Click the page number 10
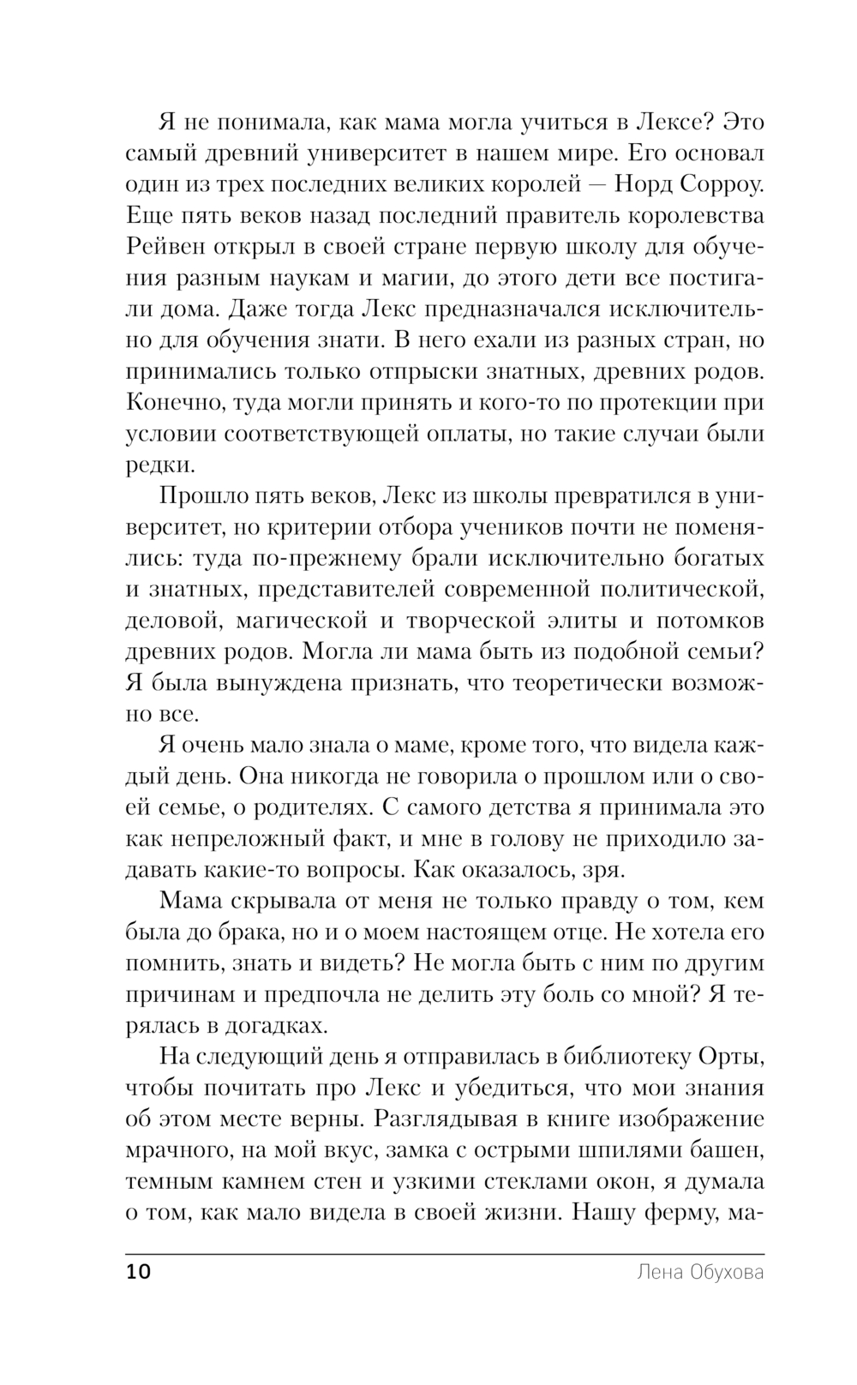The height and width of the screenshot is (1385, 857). coord(138,1271)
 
